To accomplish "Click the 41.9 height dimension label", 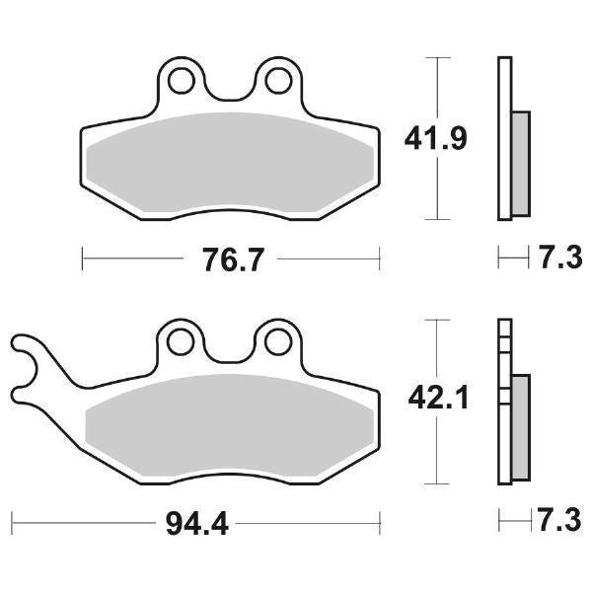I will (435, 139).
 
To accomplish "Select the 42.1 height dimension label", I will (434, 400).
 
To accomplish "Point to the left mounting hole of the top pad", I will (182, 77).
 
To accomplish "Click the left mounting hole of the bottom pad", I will (180, 340).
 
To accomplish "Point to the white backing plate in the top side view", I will (504, 89).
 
